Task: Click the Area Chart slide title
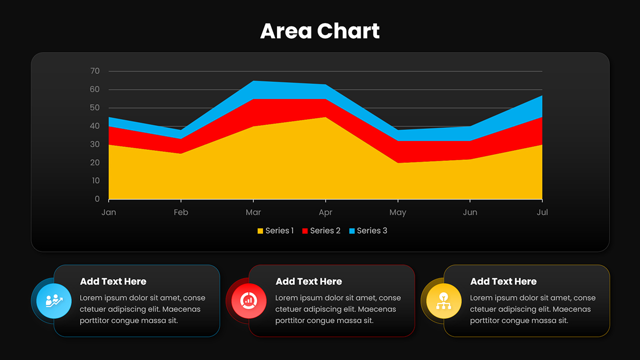click(320, 31)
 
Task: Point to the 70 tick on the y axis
click(95, 71)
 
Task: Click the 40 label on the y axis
click(95, 126)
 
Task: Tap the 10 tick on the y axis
click(95, 180)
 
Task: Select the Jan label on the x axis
click(108, 212)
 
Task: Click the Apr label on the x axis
click(325, 212)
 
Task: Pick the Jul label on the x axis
click(542, 212)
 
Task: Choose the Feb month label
click(181, 212)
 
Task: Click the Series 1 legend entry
click(275, 230)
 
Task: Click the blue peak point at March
click(253, 81)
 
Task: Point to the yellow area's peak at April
click(325, 117)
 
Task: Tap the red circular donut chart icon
click(248, 301)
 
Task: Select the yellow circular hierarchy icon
click(443, 301)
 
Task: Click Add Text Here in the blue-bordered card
click(113, 281)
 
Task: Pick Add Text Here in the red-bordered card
click(308, 281)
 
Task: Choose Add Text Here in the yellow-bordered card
click(503, 281)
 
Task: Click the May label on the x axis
click(398, 212)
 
